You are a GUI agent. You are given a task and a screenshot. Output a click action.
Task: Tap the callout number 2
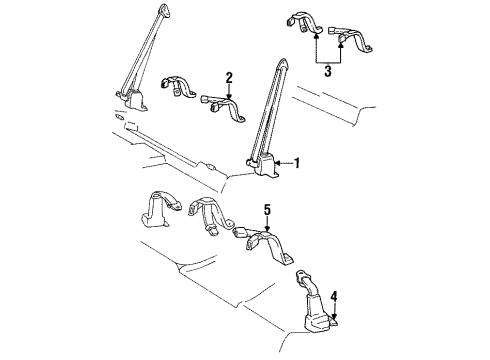point(229,77)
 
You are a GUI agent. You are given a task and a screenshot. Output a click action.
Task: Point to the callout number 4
point(333,296)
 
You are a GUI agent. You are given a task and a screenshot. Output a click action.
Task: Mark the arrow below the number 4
point(333,313)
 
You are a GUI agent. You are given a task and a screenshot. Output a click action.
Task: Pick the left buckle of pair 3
point(306,24)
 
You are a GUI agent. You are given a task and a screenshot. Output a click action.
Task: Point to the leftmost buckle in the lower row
point(156,210)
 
